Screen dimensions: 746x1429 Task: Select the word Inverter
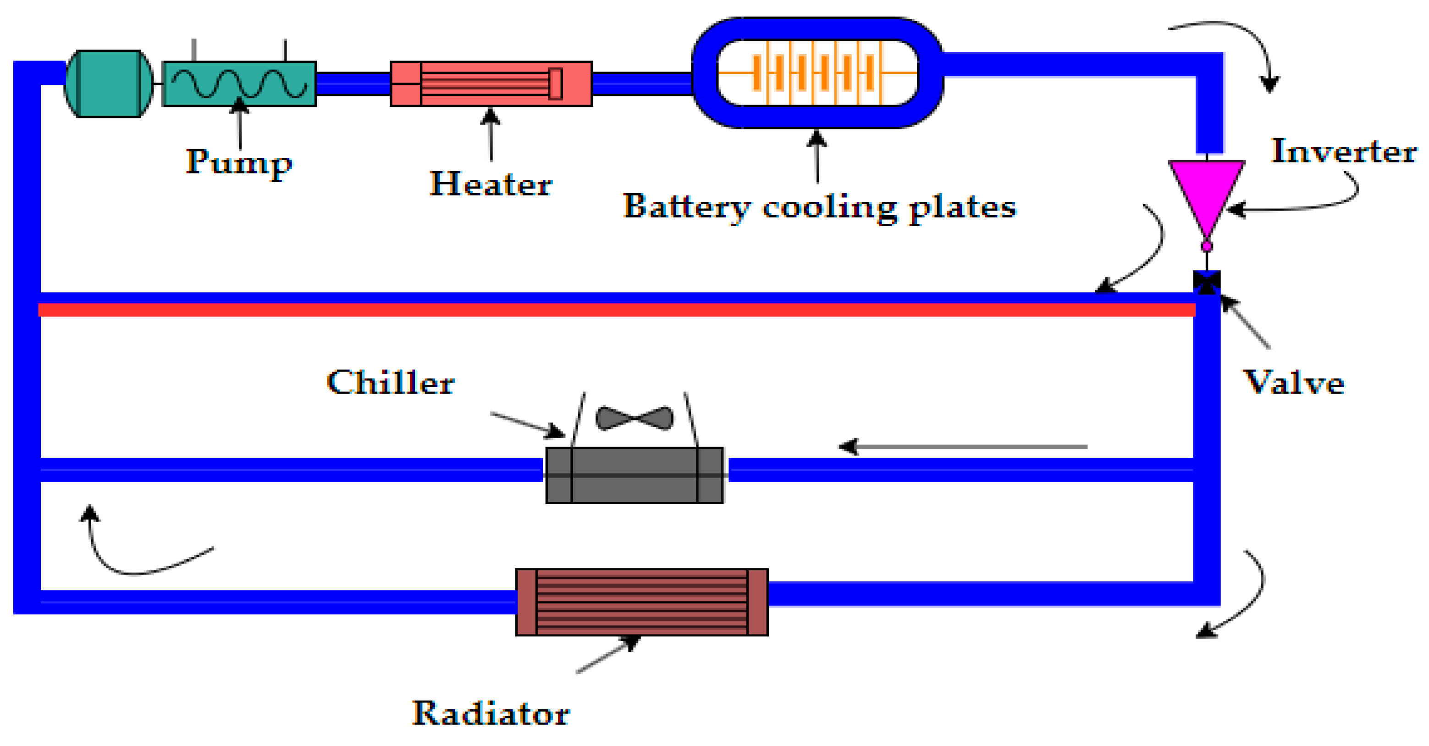point(1344,151)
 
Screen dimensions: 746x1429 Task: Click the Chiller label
point(391,383)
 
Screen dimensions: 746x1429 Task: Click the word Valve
point(1293,383)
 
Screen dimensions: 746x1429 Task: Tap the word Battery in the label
point(687,207)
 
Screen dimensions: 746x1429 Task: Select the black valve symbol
point(1207,282)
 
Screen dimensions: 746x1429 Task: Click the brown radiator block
point(642,602)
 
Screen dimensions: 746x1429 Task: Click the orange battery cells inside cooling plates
point(816,72)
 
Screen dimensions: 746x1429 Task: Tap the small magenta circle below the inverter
point(1207,246)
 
